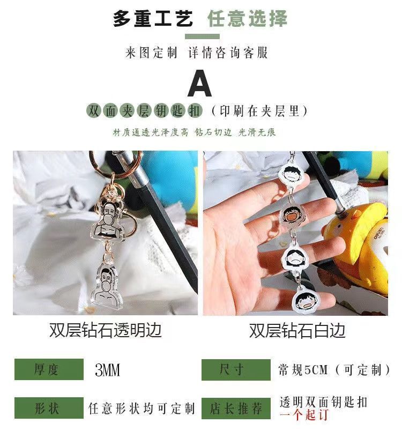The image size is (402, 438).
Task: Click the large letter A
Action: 199,83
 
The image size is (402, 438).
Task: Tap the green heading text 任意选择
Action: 247,18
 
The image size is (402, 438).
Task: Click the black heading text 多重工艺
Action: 153,18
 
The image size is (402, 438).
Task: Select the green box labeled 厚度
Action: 49,369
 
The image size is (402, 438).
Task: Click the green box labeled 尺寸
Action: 236,370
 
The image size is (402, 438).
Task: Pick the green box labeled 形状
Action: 49,408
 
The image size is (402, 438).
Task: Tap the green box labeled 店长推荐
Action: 236,409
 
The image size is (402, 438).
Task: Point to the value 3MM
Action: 107,370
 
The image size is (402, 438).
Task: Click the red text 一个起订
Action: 304,414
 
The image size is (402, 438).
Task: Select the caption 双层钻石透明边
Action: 106,330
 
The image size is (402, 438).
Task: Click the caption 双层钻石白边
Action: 297,330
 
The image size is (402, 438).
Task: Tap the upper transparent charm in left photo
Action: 108,221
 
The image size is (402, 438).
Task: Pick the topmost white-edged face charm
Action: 291,173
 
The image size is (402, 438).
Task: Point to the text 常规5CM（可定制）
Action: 334,370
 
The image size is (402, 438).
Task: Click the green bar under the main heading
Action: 202,36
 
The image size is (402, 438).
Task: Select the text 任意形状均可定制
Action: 142,409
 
